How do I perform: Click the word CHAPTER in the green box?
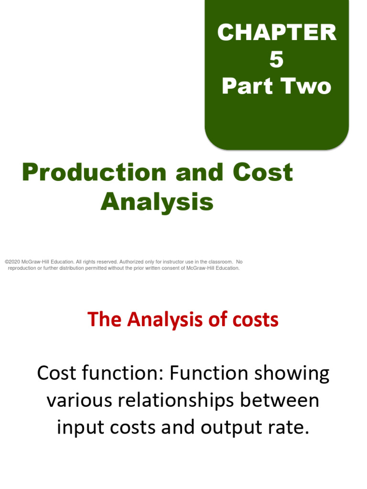(x=277, y=32)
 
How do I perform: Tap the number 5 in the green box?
(x=277, y=59)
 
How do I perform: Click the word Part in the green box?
(x=247, y=86)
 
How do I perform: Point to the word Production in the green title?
(x=94, y=172)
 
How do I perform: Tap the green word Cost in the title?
(x=263, y=172)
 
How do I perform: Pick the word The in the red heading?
(x=104, y=319)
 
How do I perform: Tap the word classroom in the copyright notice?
(x=220, y=262)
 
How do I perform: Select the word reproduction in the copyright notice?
(x=22, y=268)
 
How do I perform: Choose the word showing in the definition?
(x=292, y=373)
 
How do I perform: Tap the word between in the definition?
(x=280, y=400)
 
